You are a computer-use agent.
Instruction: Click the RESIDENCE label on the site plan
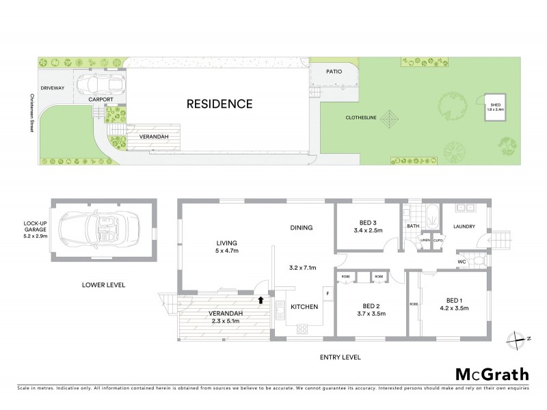pos(219,105)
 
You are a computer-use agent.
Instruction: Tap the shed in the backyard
pos(494,107)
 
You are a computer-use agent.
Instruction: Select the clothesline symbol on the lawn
pos(391,120)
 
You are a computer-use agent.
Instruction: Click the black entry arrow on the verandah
pos(261,299)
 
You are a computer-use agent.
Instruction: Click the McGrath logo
pos(492,374)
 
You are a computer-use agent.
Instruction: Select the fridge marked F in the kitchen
pos(328,294)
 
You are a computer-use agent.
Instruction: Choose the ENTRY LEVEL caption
pos(340,357)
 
